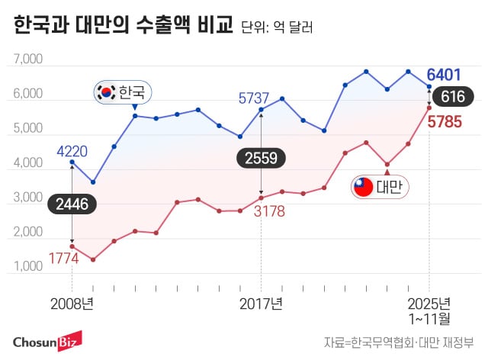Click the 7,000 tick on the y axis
[x=28, y=59]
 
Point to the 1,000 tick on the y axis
[x=28, y=267]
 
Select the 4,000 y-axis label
[x=28, y=163]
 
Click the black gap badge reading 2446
[x=72, y=203]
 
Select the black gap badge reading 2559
[x=261, y=158]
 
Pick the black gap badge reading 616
[x=452, y=97]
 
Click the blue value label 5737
[x=254, y=98]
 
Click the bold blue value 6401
[x=445, y=75]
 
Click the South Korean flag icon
[x=104, y=92]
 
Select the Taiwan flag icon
[x=363, y=186]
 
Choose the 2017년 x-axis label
[x=262, y=303]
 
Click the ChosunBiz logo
[x=47, y=340]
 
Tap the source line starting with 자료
[x=399, y=341]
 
